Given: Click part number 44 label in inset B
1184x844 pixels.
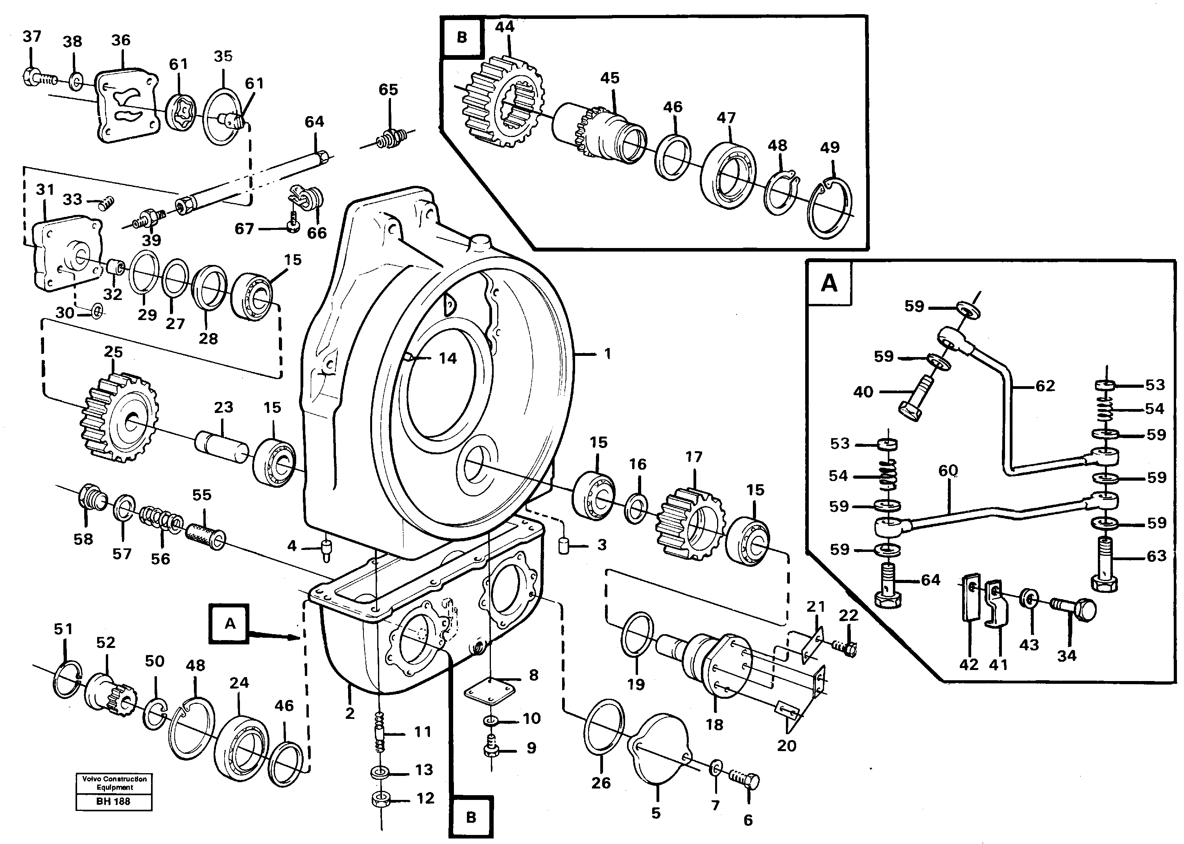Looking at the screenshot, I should coord(504,27).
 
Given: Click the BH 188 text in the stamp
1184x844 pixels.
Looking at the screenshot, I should coord(113,801).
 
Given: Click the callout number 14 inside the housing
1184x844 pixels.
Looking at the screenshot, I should coord(447,358).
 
